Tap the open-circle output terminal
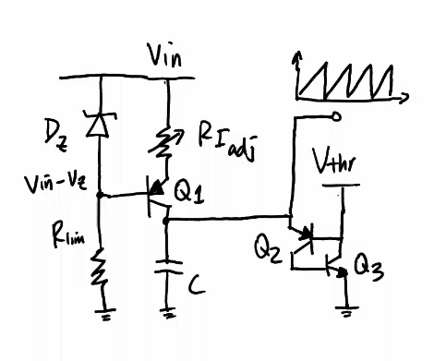point(337,116)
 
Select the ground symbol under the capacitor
point(167,314)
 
